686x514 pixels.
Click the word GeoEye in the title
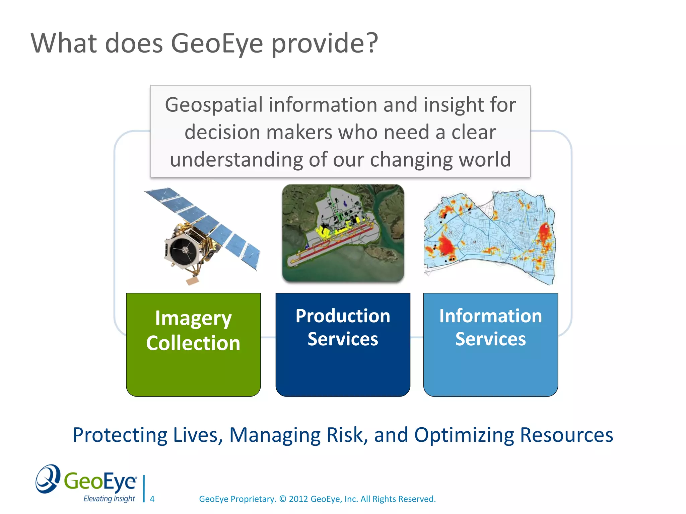[217, 44]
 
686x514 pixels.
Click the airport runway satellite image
[343, 233]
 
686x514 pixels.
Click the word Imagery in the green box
[193, 318]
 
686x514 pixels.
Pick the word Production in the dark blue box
[343, 316]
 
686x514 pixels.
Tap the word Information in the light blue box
[490, 316]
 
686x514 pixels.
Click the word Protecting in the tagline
[120, 435]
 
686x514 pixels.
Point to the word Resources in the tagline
[566, 435]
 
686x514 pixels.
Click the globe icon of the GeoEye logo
[48, 479]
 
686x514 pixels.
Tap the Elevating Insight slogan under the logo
[109, 499]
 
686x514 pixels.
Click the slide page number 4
[152, 499]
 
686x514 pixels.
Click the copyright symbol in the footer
[283, 499]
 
